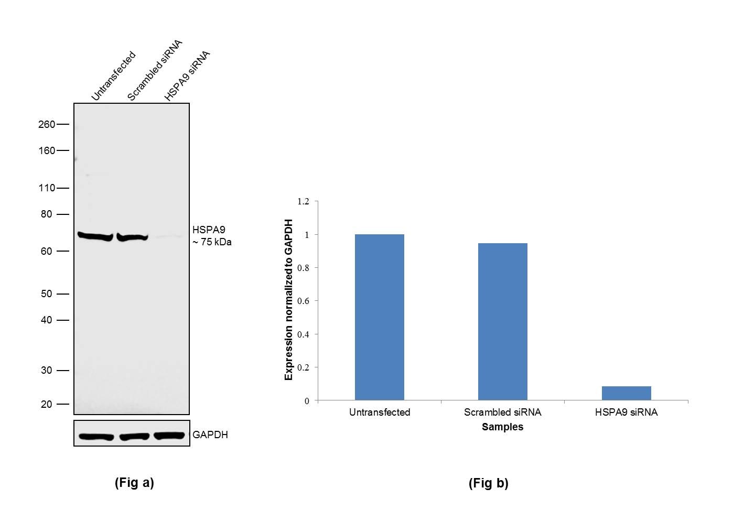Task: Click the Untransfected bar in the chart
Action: tap(379, 317)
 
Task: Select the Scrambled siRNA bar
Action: tap(502, 321)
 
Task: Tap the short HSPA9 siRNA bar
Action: tap(626, 393)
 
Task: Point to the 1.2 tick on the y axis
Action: tap(303, 201)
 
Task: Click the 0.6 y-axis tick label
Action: tap(303, 301)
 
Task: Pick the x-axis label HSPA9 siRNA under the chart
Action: tap(626, 413)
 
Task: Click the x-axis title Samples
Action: tap(502, 427)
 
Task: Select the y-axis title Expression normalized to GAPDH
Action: tap(289, 299)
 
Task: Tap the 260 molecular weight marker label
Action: tap(46, 124)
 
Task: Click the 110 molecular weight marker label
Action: tap(46, 188)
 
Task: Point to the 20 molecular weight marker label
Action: tap(46, 404)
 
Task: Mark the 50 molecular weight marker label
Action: tap(46, 294)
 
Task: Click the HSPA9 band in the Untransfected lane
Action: tap(95, 236)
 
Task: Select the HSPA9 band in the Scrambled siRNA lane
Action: tap(132, 237)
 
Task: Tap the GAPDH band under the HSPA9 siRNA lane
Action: tap(169, 436)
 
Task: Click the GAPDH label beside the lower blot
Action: tap(210, 435)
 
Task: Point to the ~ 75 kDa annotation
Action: tap(212, 242)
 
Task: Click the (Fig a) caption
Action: tap(134, 483)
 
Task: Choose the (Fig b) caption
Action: tap(488, 483)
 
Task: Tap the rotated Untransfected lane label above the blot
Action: tap(113, 76)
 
